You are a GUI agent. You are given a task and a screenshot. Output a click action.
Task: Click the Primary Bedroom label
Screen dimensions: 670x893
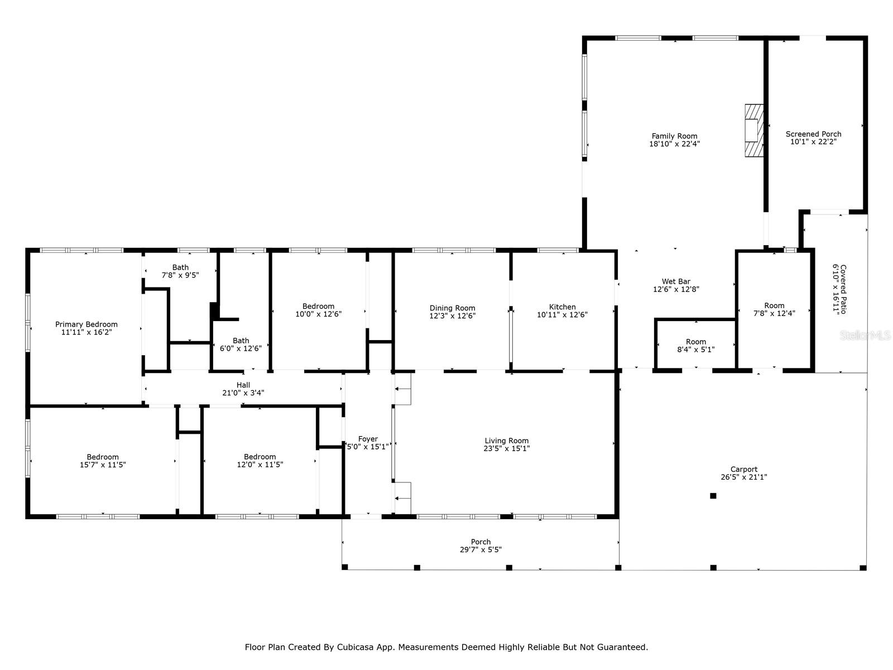pyautogui.click(x=87, y=324)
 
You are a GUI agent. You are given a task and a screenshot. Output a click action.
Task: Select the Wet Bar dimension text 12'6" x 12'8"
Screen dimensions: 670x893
pyautogui.click(x=676, y=289)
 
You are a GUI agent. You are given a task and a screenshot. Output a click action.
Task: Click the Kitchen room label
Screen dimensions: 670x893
pyautogui.click(x=562, y=307)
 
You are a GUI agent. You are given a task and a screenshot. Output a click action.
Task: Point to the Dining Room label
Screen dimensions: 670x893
pyautogui.click(x=452, y=308)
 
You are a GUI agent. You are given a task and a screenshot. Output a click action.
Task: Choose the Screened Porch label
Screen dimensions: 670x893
pyautogui.click(x=813, y=134)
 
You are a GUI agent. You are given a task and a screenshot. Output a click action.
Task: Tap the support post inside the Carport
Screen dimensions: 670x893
pyautogui.click(x=713, y=496)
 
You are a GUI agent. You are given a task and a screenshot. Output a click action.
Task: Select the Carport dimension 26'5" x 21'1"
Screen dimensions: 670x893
pyautogui.click(x=744, y=477)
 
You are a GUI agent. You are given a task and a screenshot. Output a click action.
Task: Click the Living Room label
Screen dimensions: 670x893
pyautogui.click(x=506, y=441)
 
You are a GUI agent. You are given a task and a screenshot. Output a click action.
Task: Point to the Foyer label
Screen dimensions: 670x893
pyautogui.click(x=368, y=439)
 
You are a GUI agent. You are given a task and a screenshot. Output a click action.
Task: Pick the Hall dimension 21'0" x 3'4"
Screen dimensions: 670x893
pyautogui.click(x=243, y=393)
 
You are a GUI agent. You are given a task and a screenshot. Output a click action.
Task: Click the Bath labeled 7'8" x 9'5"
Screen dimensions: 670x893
pyautogui.click(x=180, y=267)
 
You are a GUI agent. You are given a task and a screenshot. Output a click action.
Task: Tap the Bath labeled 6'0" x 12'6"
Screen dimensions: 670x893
pyautogui.click(x=241, y=341)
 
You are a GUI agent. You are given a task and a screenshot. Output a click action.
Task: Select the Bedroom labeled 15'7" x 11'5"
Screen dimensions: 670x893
pyautogui.click(x=103, y=457)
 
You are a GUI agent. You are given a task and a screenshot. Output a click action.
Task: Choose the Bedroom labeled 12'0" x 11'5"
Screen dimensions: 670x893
pyautogui.click(x=260, y=457)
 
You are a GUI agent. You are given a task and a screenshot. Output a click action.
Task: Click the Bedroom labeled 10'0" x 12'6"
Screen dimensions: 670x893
pyautogui.click(x=318, y=306)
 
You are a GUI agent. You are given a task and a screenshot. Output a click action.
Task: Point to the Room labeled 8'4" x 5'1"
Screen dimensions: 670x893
pyautogui.click(x=695, y=342)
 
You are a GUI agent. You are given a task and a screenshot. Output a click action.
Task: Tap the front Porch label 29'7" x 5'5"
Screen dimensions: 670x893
pyautogui.click(x=481, y=542)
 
